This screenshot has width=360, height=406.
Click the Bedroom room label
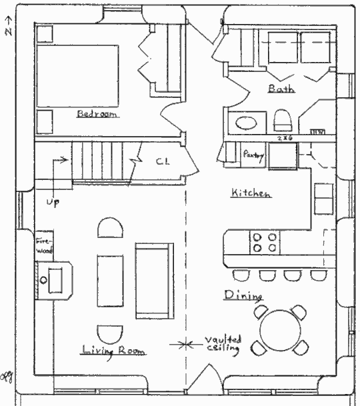(97, 114)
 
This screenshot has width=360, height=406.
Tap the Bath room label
(281, 88)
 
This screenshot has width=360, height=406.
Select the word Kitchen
(251, 193)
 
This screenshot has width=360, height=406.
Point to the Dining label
(243, 295)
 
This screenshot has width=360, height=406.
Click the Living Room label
(113, 350)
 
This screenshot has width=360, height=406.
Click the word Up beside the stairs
(51, 201)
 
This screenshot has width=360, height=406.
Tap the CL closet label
(162, 161)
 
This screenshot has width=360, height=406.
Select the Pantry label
(254, 154)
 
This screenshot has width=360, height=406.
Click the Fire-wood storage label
(44, 245)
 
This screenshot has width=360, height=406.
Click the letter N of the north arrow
(7, 31)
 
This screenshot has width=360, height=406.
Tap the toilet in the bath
(283, 121)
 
